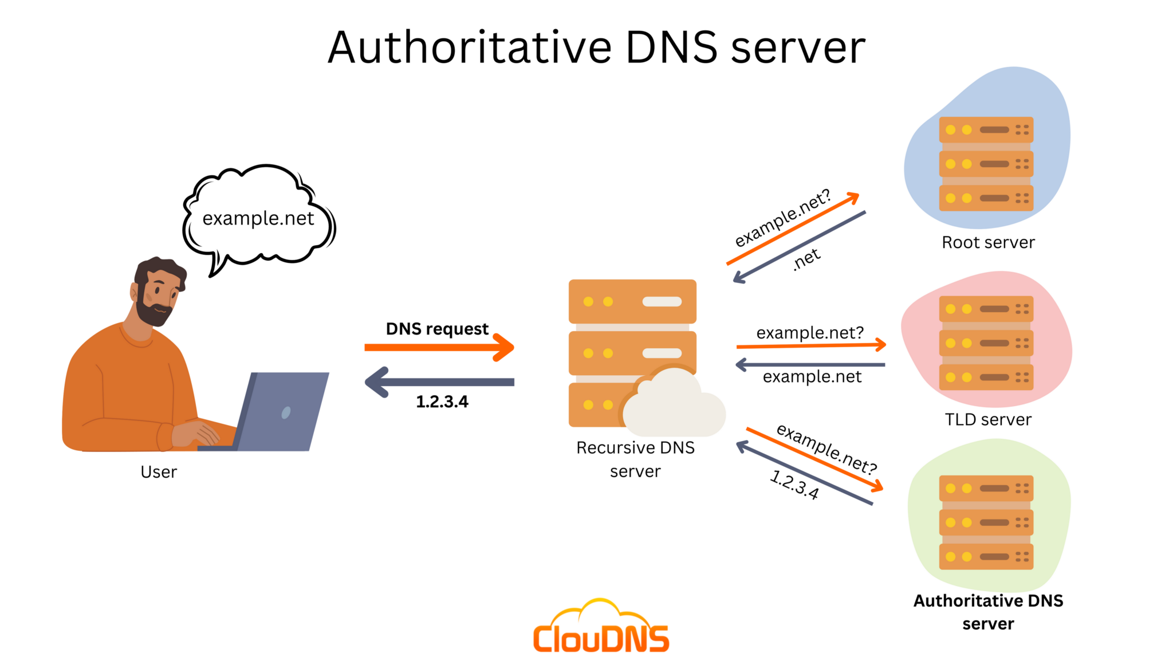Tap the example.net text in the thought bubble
click(258, 218)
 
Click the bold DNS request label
click(437, 329)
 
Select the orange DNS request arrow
click(439, 347)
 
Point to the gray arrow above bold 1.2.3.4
click(439, 382)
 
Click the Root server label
click(988, 242)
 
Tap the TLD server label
click(988, 419)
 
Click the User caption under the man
click(159, 472)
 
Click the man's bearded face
click(158, 295)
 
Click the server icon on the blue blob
click(986, 164)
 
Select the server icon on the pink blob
click(986, 343)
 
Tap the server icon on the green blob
click(986, 522)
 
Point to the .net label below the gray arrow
click(806, 259)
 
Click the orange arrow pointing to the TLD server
click(811, 345)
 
